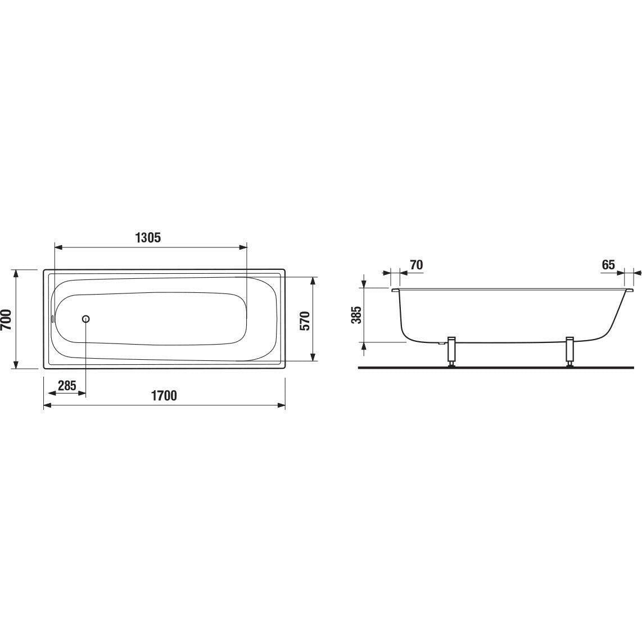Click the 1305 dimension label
(x=148, y=237)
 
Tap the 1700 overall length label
(x=164, y=396)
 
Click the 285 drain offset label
(x=67, y=385)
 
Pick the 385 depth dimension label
(x=358, y=315)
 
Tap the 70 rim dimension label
(x=416, y=265)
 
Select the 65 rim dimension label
(x=608, y=265)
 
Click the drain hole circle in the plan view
(x=86, y=319)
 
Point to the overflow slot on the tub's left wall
(x=52, y=319)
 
